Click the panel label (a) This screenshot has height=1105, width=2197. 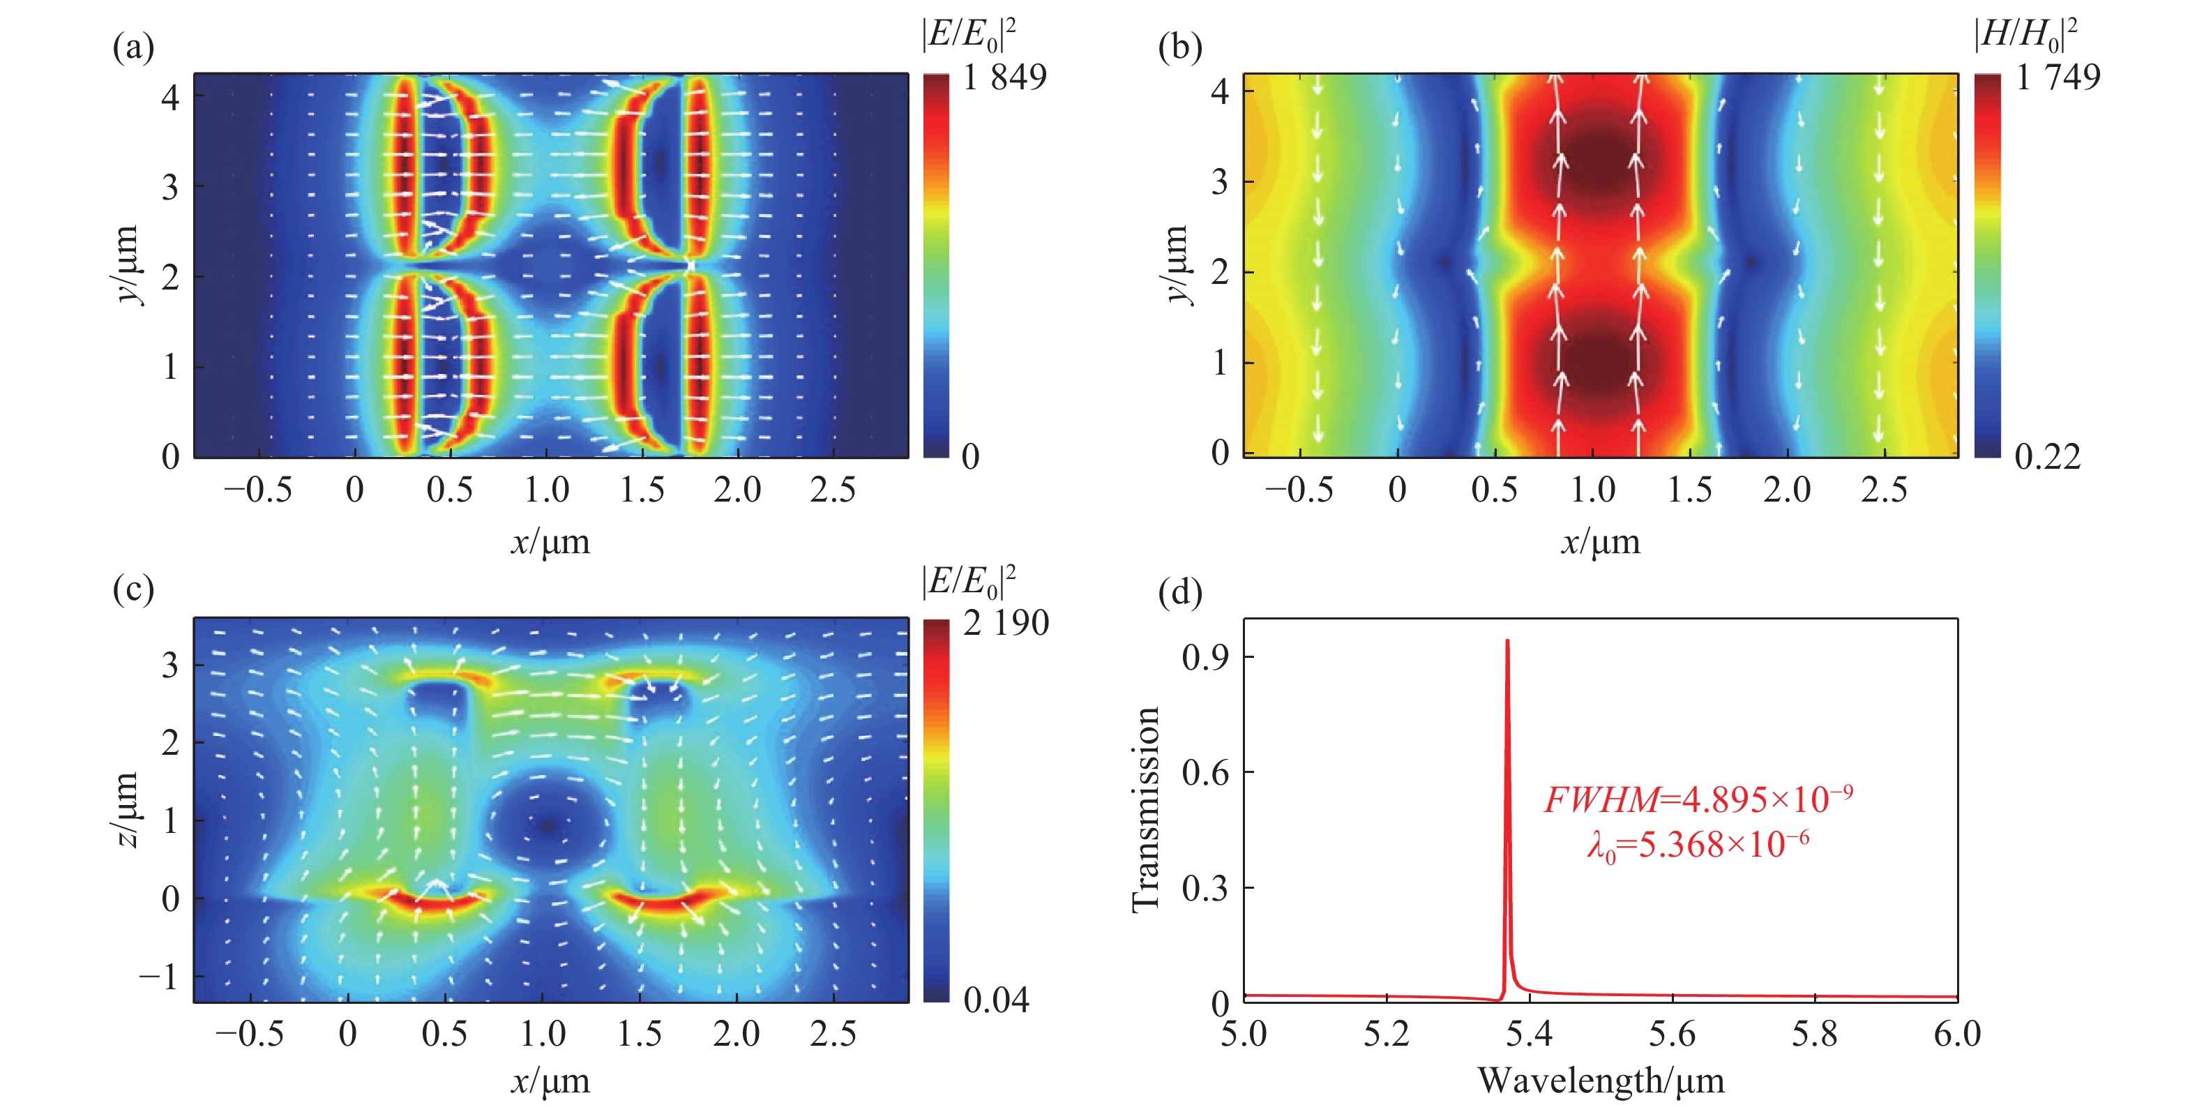133,47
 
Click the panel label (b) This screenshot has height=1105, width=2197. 1179,47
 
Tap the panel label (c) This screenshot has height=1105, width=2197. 133,589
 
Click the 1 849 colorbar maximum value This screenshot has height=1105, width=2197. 1004,77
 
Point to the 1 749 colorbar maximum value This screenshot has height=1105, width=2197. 2057,77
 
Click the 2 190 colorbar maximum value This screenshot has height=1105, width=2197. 1006,624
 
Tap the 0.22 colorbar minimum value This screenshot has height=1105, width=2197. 2047,458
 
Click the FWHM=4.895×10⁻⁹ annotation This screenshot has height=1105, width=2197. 1697,799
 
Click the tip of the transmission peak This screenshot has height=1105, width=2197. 1507,641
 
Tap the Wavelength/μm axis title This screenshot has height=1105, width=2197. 1600,1081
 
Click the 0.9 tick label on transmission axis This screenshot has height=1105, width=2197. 1205,656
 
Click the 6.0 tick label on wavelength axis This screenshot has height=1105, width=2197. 1956,1034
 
